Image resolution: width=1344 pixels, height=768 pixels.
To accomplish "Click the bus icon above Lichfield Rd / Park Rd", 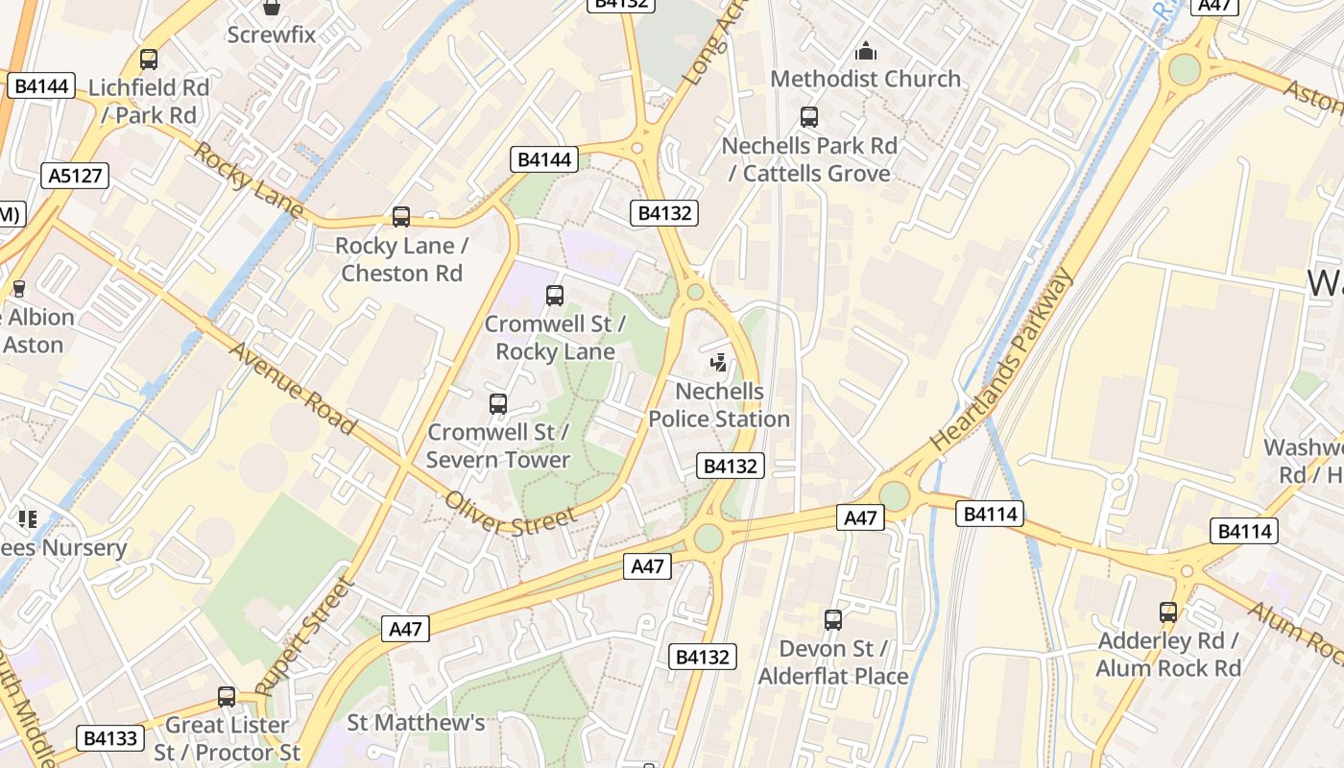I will (x=149, y=60).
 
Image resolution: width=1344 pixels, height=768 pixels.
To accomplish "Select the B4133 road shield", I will (x=110, y=738).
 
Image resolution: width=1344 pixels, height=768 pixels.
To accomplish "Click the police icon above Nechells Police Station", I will (x=718, y=363).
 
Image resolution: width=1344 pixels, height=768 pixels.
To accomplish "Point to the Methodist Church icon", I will (x=866, y=51).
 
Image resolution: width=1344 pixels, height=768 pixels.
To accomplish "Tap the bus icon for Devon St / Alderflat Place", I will (x=833, y=620).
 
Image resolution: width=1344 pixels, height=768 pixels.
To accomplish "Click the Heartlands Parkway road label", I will (x=1001, y=361).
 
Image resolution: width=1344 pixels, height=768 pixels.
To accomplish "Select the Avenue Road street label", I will (x=292, y=389).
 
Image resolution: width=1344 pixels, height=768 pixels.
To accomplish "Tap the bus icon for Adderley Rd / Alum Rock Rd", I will (x=1168, y=612).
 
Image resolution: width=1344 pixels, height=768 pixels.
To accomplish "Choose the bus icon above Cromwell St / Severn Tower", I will (x=497, y=404).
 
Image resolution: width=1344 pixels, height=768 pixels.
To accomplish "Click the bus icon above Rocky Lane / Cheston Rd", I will (x=401, y=217).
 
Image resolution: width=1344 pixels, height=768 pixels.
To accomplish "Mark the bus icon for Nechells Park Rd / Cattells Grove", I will (x=809, y=117).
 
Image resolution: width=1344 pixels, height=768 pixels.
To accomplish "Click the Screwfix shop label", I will (x=272, y=35).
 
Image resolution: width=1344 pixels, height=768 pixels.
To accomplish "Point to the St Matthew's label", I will (x=416, y=722).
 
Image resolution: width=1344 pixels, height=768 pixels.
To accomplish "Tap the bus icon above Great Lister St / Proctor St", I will (x=227, y=696).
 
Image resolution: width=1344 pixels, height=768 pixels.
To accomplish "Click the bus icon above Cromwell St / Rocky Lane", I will (x=555, y=296).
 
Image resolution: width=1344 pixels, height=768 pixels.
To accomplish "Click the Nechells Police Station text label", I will (x=719, y=405).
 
